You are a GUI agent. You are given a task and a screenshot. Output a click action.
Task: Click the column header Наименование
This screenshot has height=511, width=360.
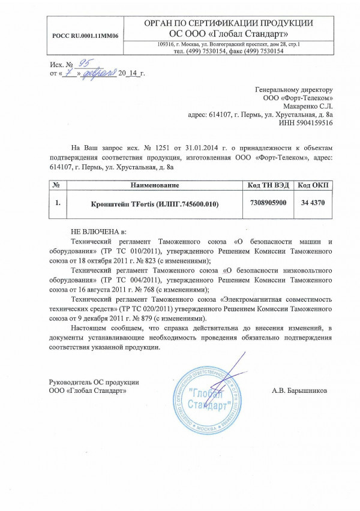point(155,184)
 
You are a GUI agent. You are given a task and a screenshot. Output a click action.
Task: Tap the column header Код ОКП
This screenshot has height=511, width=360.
point(313,184)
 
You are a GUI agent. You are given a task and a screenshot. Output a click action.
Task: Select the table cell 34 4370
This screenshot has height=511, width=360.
point(313,204)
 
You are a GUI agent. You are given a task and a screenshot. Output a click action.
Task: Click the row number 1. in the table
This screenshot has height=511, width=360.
point(57,204)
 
